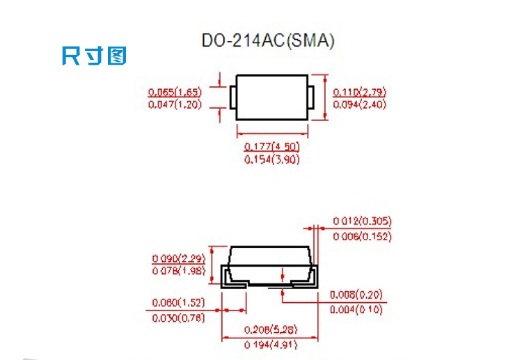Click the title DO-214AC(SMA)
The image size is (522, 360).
[268, 41]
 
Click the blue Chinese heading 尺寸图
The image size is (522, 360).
[95, 56]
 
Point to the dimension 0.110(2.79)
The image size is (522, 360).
[360, 92]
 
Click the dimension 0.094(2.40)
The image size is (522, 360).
[360, 104]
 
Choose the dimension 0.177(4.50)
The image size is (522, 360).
[272, 146]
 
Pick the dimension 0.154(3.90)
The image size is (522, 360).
[272, 159]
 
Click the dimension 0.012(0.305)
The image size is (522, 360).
[362, 221]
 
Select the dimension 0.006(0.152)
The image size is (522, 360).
[362, 237]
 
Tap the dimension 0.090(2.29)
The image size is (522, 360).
[177, 258]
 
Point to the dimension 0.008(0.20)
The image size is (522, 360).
[356, 295]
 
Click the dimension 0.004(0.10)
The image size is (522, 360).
[356, 310]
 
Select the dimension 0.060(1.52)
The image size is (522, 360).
[177, 303]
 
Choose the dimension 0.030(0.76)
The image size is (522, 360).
[177, 318]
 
